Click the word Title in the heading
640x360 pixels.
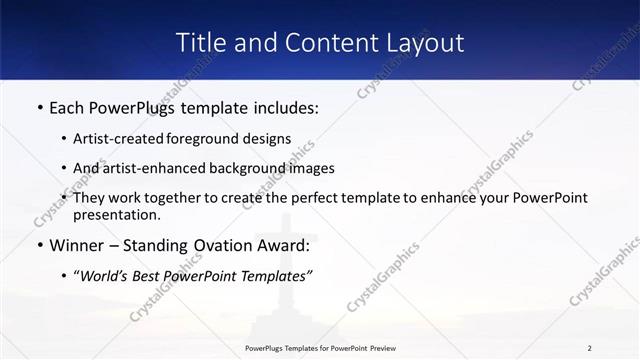click(198, 43)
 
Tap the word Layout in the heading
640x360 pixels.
click(421, 43)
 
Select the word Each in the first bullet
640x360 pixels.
click(68, 105)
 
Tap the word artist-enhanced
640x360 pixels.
click(150, 168)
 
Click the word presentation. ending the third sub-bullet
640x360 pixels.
click(116, 214)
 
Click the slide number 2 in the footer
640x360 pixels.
click(589, 347)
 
